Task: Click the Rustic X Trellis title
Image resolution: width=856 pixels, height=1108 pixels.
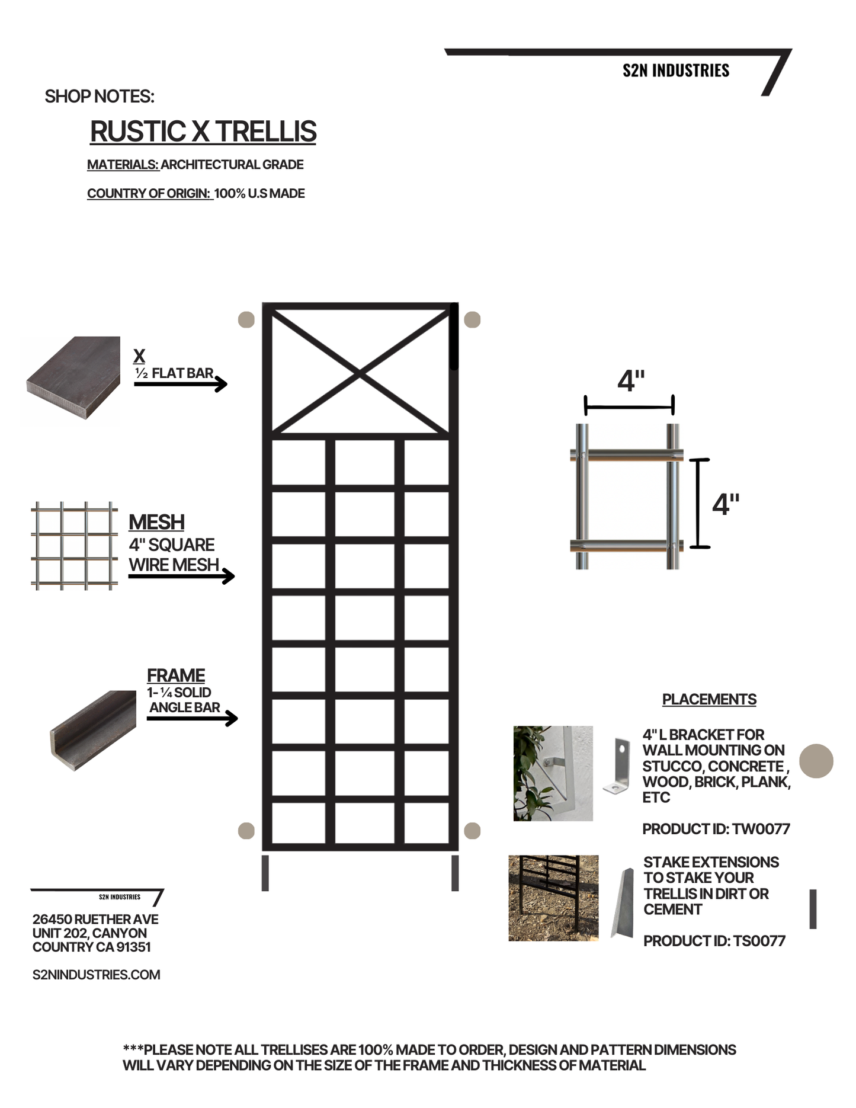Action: click(203, 132)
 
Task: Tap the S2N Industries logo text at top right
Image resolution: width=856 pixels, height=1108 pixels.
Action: click(675, 71)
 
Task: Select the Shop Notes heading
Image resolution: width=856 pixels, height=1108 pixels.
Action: click(100, 97)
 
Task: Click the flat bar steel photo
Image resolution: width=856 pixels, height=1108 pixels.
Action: click(72, 378)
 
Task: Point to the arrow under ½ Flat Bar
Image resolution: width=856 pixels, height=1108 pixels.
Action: click(181, 385)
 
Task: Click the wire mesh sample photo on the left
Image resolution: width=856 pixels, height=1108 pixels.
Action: click(74, 546)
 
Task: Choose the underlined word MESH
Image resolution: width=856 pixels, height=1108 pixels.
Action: click(156, 522)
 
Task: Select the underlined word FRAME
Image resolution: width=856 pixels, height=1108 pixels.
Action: click(176, 675)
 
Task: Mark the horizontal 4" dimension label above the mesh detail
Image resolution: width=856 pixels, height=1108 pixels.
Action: click(631, 381)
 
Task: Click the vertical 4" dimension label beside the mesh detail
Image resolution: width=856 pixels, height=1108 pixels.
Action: click(726, 504)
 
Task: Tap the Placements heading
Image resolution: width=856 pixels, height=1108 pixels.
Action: click(709, 699)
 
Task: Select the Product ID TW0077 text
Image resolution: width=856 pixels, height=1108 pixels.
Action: click(716, 829)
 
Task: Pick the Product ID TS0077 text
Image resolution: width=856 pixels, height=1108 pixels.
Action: click(714, 941)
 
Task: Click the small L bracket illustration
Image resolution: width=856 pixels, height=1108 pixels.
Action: click(617, 766)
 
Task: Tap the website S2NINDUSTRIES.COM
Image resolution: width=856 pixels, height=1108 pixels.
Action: click(97, 975)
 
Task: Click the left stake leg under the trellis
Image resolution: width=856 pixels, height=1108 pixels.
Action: click(265, 873)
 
